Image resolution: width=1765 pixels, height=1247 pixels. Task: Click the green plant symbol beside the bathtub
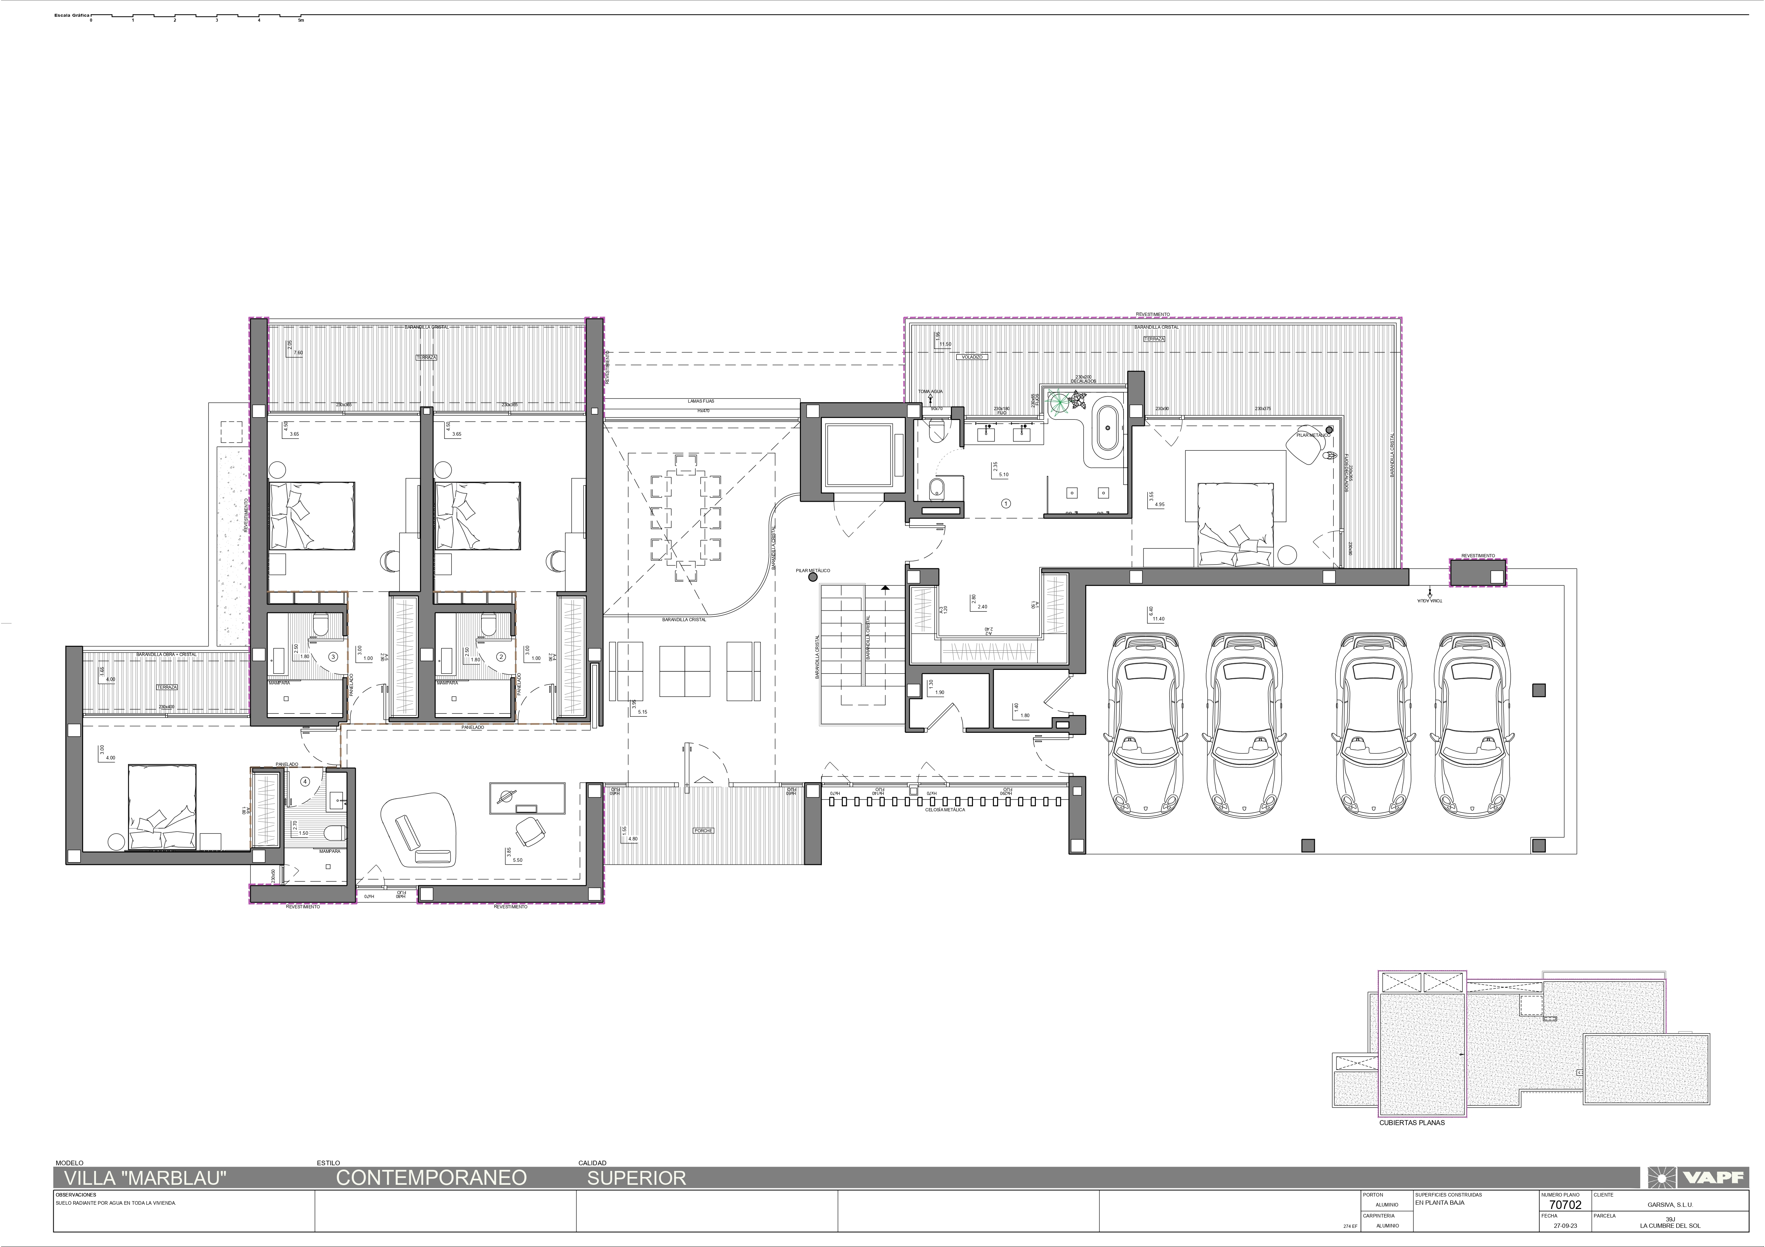tap(1062, 401)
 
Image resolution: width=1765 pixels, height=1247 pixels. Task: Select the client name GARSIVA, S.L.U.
tap(1670, 1205)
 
